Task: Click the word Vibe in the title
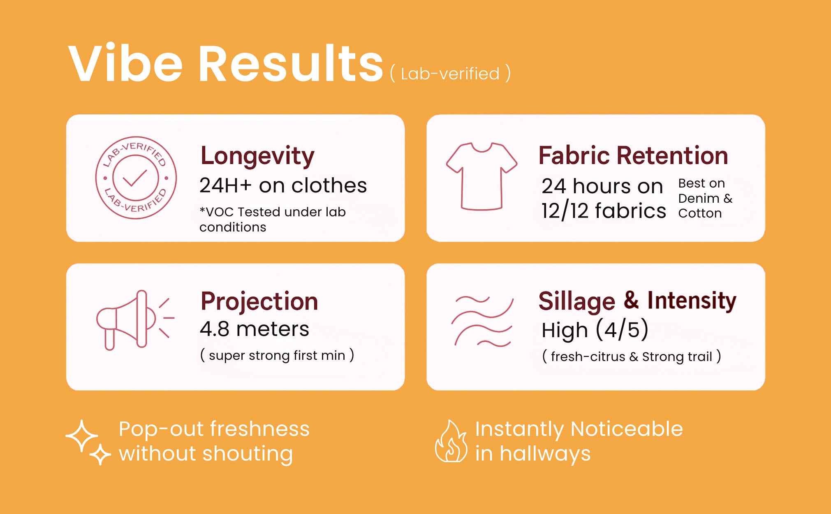pos(125,63)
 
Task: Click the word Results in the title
pos(291,63)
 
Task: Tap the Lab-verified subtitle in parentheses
pos(450,74)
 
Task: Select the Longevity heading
pos(257,157)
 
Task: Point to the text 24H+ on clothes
pos(283,185)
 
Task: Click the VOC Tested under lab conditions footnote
pos(272,219)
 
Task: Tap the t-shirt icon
pos(481,176)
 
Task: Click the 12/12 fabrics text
pos(603,211)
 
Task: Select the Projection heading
pos(259,301)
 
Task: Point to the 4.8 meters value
pos(254,329)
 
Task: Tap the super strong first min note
pos(277,355)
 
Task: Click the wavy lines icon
pos(482,321)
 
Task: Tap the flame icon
pos(451,441)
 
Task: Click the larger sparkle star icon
pos(82,436)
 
